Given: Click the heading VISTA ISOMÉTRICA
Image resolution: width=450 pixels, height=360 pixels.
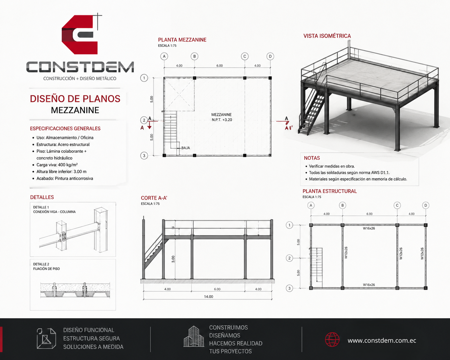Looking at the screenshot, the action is pos(327,36).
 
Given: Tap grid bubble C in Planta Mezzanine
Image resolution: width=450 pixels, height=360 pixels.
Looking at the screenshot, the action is pos(245,56).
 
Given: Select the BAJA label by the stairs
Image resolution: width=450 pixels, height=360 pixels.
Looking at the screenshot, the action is pos(186,148).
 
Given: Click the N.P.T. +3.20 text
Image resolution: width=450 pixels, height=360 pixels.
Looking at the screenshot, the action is pos(222,120).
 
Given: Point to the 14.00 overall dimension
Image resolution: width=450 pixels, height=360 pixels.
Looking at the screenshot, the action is pos(209,297).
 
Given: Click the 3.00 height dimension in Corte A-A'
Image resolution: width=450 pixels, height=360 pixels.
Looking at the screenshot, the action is pos(173,259).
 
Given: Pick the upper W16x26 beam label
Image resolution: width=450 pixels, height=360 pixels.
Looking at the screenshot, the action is pos(369,228).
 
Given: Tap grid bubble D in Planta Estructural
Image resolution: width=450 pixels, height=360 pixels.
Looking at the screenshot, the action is pos(426,205).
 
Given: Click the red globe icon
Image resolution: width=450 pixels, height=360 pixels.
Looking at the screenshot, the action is pos(332,339).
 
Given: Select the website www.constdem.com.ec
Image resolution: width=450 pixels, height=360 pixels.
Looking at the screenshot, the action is pos(382,340).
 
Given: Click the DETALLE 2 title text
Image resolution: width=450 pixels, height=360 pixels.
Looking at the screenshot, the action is pos(41,264).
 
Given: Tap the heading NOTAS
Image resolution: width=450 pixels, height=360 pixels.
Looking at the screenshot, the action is pos(312,158).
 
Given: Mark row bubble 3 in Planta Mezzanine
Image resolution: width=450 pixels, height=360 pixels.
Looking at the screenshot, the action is pos(144,156).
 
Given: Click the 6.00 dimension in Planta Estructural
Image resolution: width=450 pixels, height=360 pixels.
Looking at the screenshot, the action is pos(369,214).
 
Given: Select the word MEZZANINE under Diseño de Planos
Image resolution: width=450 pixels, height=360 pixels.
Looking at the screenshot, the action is pos(75,110).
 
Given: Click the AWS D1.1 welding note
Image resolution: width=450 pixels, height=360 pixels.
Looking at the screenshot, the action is pos(349,173).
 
